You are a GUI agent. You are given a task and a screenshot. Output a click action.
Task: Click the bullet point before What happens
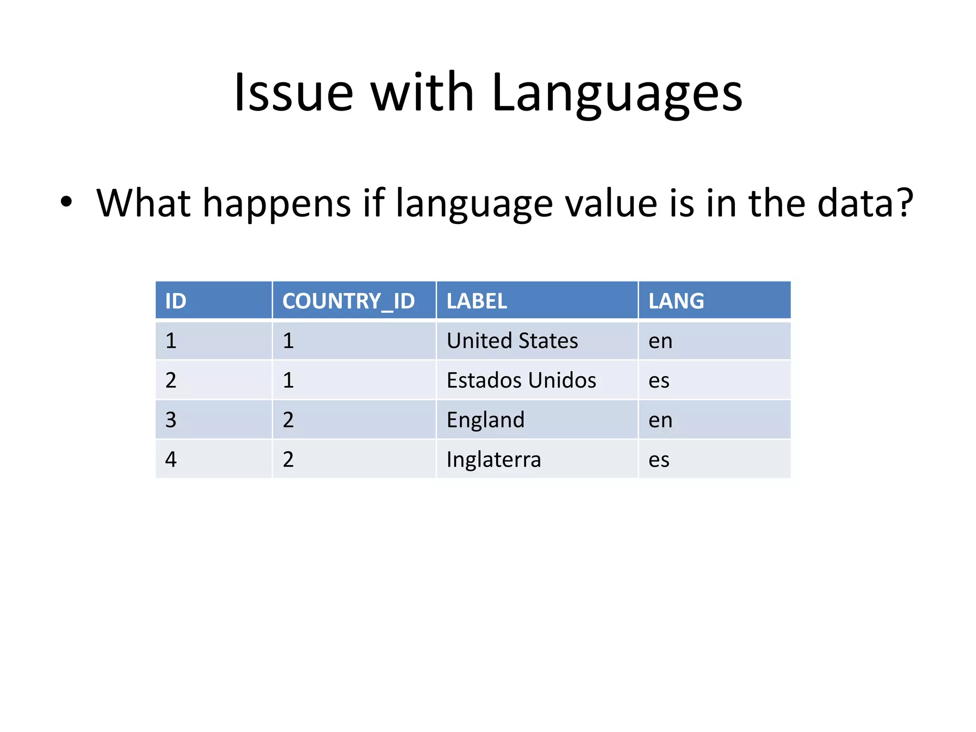click(66, 202)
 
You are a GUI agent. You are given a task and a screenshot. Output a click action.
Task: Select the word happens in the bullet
click(277, 204)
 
